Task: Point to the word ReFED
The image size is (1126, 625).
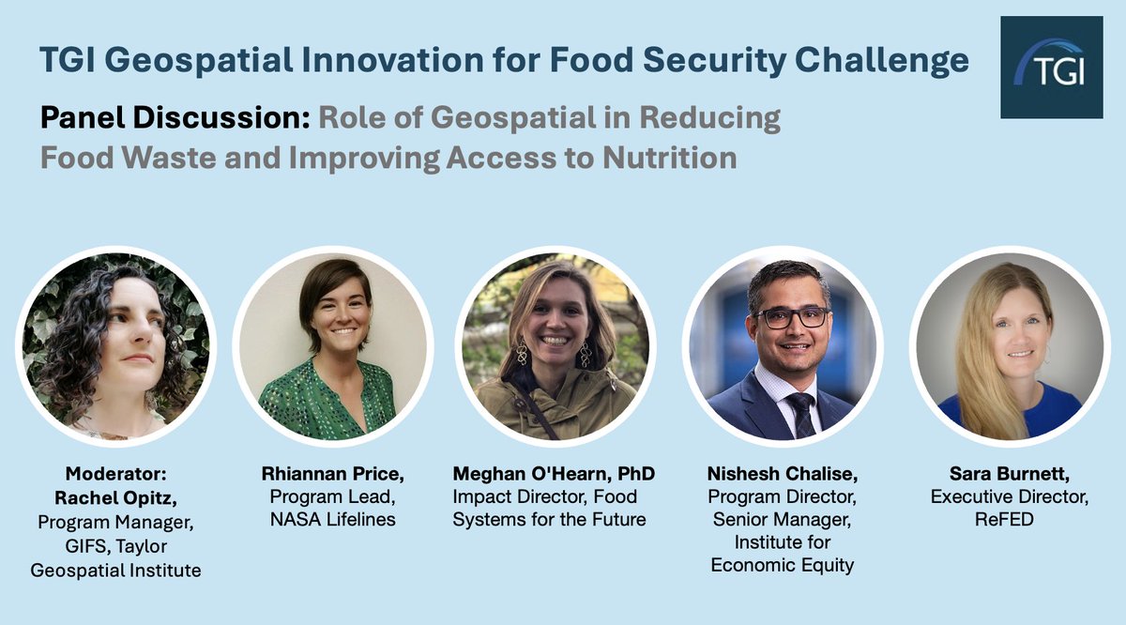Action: (x=1010, y=517)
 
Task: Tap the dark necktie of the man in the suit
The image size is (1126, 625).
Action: (x=799, y=414)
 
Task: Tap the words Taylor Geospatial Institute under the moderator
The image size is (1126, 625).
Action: (x=116, y=558)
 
